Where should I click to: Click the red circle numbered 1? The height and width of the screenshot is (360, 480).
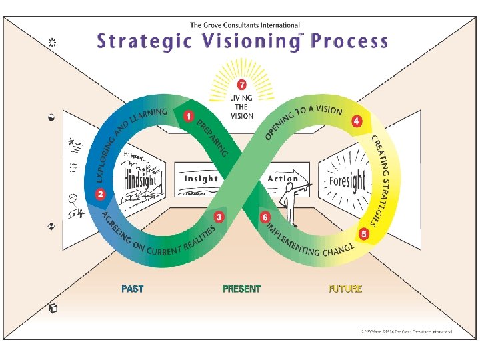189,116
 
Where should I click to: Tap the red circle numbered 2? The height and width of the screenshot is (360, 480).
100,195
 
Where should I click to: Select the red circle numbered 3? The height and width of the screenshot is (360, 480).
219,217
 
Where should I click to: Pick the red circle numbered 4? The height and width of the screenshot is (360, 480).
357,121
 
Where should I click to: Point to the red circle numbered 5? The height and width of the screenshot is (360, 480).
364,234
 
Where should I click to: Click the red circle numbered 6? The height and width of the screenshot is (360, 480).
265,217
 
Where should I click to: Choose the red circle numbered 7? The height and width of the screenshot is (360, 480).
241,85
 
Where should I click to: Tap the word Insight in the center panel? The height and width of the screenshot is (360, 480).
201,179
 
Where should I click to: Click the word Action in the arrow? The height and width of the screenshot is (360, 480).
283,179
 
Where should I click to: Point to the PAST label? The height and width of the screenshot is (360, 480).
132,289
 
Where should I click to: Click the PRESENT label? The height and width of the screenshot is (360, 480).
242,289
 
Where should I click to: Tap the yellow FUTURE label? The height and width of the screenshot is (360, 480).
345,289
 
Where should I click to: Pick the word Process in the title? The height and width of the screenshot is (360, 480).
349,41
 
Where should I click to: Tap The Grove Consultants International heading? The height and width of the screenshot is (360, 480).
245,25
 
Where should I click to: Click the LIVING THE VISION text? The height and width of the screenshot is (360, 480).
241,107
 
